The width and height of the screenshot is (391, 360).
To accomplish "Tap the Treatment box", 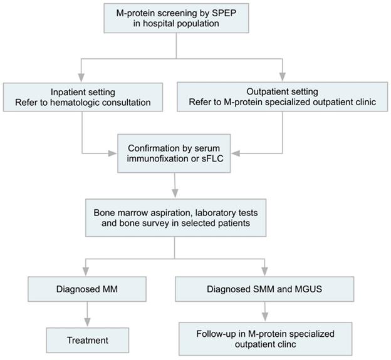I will pos(87,341).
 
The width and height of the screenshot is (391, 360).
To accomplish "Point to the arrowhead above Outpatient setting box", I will pos(282,76).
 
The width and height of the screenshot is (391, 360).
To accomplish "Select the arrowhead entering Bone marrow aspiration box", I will pos(176,192).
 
